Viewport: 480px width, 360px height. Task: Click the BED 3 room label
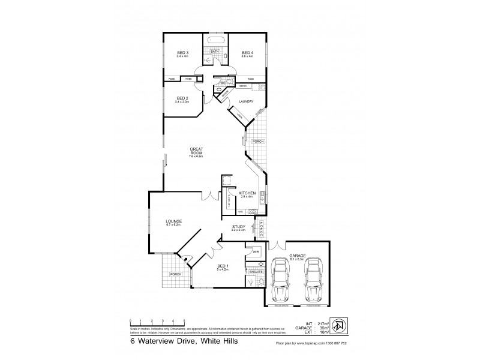point(183,53)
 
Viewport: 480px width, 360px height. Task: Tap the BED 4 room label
point(247,53)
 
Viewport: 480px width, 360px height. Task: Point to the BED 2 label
point(182,98)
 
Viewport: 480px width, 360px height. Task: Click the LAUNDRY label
point(247,101)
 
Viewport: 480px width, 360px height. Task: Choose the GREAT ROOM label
point(197,151)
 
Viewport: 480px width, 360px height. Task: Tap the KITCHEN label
point(248,193)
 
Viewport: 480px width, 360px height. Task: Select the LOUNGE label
point(174,221)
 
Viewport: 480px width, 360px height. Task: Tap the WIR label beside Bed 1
point(255,252)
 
